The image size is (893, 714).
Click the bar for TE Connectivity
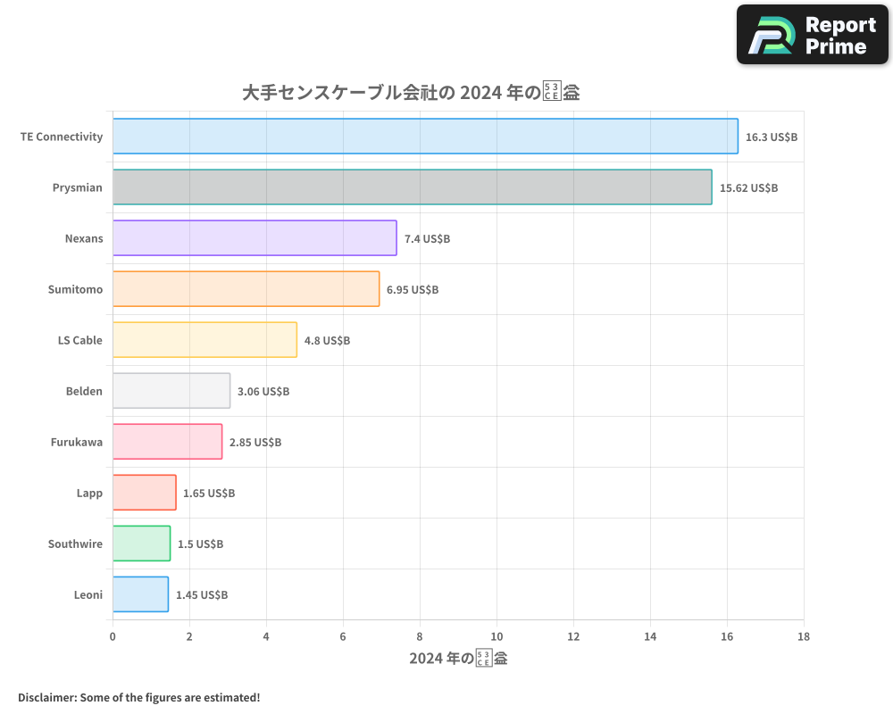pos(425,137)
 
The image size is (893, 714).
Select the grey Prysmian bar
pos(412,187)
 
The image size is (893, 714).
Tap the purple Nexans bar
pos(255,238)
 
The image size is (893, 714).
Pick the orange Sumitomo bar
pos(246,289)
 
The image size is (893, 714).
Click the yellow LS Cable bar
pos(204,340)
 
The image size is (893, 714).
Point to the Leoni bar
pos(140,594)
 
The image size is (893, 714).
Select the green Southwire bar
pos(141,544)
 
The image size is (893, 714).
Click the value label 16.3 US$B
pos(771,137)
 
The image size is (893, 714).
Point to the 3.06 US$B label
pos(263,392)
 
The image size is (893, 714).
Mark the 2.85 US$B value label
pos(255,443)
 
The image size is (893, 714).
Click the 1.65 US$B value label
pos(209,494)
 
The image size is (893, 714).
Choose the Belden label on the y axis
pos(84,391)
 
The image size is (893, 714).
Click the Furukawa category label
pos(77,442)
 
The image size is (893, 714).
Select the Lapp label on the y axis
pos(89,493)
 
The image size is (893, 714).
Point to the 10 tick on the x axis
pos(497,636)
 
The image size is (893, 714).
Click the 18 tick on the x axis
pos(804,636)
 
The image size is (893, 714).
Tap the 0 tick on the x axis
pos(113,636)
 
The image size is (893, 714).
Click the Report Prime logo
pos(813,35)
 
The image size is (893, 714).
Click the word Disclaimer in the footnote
pos(47,697)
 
